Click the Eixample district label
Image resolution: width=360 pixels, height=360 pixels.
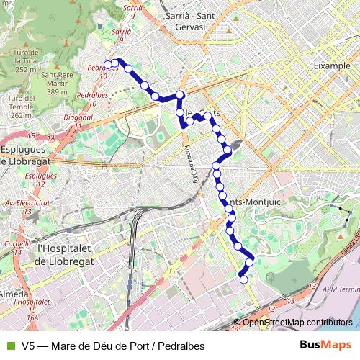[x=332, y=65]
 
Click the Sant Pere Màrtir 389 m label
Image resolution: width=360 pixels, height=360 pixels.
[x=58, y=83]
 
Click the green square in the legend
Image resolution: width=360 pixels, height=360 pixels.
[x=10, y=345]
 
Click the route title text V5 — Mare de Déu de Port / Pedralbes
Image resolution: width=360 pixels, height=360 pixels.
[x=113, y=345]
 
